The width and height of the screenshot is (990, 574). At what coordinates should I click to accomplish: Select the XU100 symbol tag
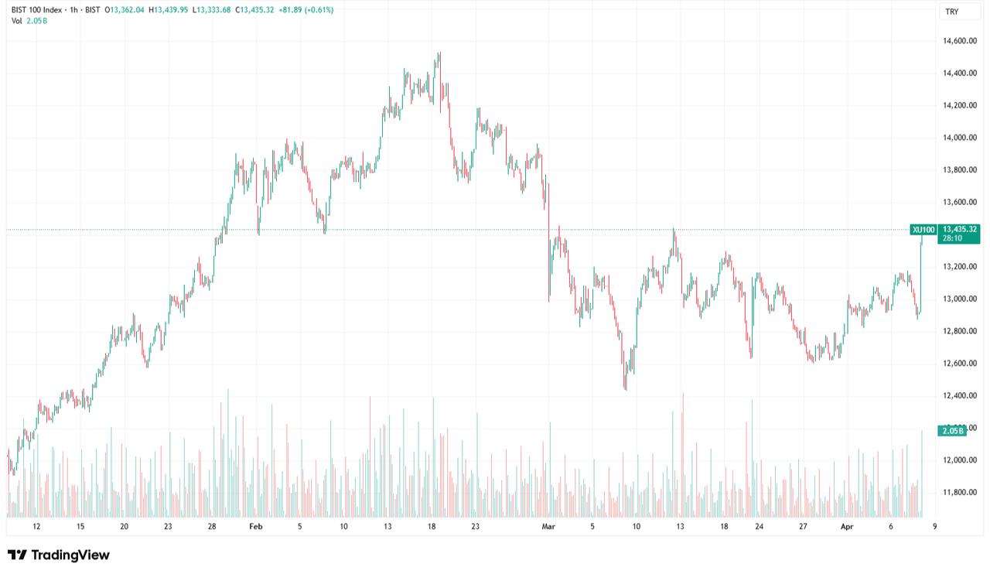(923, 230)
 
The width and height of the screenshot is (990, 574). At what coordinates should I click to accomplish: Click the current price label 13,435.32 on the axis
(960, 229)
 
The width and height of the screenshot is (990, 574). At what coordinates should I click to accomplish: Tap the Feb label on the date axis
(256, 527)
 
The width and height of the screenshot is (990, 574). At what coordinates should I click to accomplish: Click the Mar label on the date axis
(548, 527)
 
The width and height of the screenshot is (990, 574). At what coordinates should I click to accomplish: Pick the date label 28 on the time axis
(212, 527)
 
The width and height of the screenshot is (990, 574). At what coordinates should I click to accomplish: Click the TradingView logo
(59, 555)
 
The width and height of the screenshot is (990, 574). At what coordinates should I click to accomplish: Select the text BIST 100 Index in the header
(37, 10)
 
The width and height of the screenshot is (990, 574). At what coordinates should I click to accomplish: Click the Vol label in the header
(16, 20)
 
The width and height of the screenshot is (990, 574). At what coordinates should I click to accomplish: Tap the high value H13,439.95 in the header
(172, 10)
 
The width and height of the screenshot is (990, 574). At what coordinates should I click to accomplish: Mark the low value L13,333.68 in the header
(219, 10)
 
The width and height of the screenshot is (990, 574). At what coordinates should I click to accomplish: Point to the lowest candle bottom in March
(625, 389)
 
